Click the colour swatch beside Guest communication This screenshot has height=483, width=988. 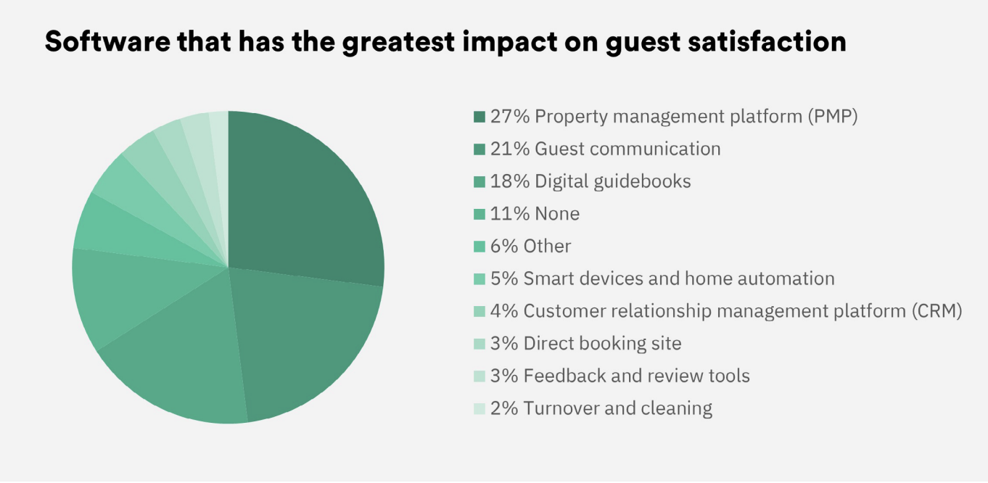tap(479, 149)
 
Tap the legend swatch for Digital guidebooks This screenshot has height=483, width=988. tap(479, 181)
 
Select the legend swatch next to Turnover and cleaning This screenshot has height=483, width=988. tap(479, 409)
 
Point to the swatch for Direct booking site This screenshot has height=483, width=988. tap(479, 344)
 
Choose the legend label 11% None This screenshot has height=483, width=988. tap(535, 214)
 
